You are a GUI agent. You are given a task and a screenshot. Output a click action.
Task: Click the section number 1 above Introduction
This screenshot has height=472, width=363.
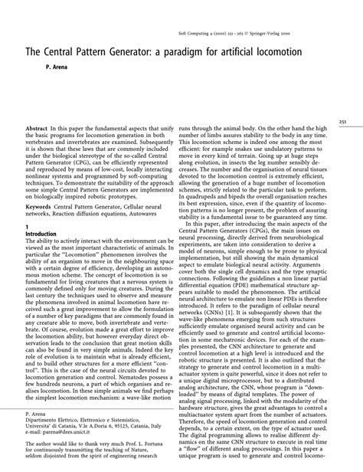point(28,227)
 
